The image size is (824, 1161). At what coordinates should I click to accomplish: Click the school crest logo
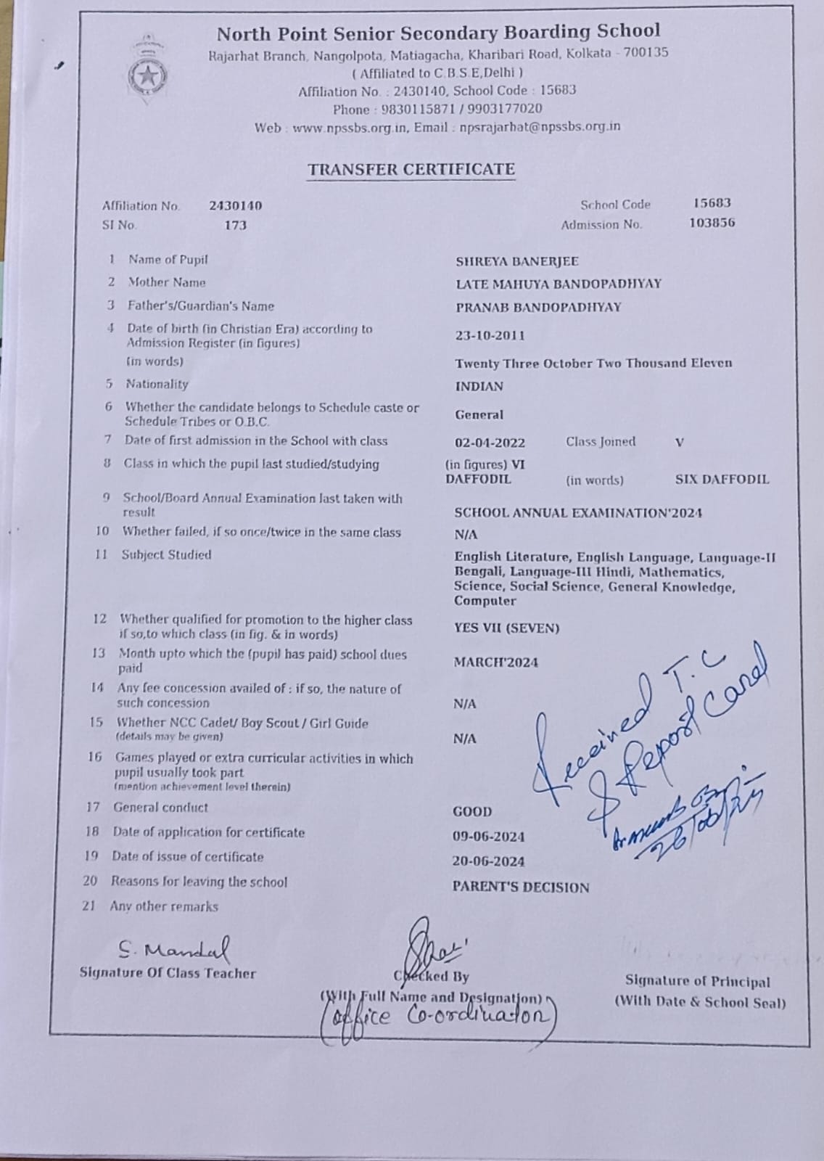[148, 73]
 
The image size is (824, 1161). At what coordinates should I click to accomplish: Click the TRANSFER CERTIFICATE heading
[411, 170]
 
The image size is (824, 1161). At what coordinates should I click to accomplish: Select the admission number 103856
[712, 223]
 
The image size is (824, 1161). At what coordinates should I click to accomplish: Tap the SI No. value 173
[235, 225]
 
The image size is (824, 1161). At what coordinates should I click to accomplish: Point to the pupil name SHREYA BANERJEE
[516, 261]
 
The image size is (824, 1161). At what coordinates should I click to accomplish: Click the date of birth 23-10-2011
[490, 335]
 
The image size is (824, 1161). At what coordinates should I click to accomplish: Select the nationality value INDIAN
[479, 387]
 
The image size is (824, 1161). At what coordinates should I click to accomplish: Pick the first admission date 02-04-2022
[490, 443]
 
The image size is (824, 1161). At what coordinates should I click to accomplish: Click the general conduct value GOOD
[472, 812]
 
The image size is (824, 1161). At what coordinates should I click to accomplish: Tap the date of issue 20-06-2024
[488, 861]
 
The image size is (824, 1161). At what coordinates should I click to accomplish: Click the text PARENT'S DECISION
[520, 887]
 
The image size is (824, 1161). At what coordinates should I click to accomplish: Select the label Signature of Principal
[698, 981]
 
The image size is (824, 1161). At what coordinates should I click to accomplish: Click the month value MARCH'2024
[496, 662]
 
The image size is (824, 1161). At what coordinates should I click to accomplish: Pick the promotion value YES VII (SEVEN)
[506, 628]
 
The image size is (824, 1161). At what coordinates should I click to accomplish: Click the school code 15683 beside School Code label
[712, 203]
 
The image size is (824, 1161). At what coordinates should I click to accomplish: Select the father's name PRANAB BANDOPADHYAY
[538, 307]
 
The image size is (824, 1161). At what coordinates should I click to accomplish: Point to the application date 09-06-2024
[488, 837]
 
